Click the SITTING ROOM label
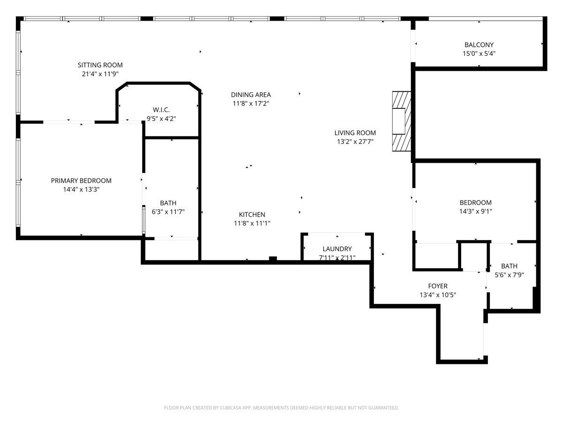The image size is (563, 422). pos(100,65)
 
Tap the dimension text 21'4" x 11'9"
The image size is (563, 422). pos(100,74)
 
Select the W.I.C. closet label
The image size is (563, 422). pos(161,110)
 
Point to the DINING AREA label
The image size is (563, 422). pos(251,95)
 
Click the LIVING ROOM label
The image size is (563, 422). pos(355,133)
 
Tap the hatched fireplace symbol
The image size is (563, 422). pos(402,121)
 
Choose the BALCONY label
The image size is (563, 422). pos(479,45)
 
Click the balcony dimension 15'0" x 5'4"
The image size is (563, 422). pos(479,54)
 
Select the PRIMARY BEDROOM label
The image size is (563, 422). pos(81,181)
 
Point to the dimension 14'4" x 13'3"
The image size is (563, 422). pos(81,189)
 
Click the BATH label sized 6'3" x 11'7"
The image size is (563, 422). pos(168,203)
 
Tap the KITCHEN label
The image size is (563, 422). pos(252,214)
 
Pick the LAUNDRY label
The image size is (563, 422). pos(337,249)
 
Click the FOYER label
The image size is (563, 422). pos(438,286)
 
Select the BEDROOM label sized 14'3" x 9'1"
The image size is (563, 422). pos(476,203)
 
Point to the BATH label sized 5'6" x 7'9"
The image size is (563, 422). pos(509,266)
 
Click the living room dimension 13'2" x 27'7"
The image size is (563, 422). pos(355,142)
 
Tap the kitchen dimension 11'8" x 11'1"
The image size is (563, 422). pos(252,224)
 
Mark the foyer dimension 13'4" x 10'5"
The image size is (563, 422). pos(438,295)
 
